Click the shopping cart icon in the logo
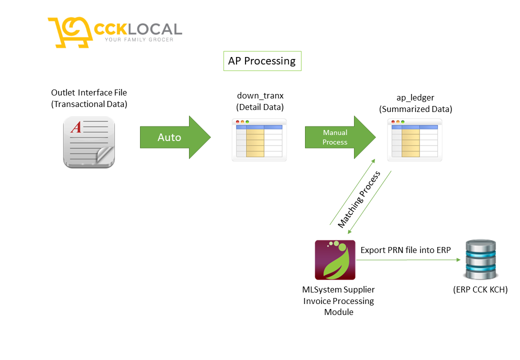pyautogui.click(x=70, y=32)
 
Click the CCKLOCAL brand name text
pyautogui.click(x=138, y=28)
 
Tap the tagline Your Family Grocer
pyautogui.click(x=138, y=40)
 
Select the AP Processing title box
pyautogui.click(x=262, y=61)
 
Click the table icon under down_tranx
pyautogui.click(x=259, y=139)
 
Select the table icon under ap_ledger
pyautogui.click(x=414, y=139)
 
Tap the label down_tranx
pyautogui.click(x=260, y=95)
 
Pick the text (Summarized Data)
pyautogui.click(x=415, y=109)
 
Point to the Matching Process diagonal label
pyautogui.click(x=359, y=199)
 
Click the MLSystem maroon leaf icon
pyautogui.click(x=334, y=260)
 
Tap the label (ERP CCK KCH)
pyautogui.click(x=480, y=289)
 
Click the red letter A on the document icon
pyautogui.click(x=75, y=127)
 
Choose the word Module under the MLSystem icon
pyautogui.click(x=338, y=312)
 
